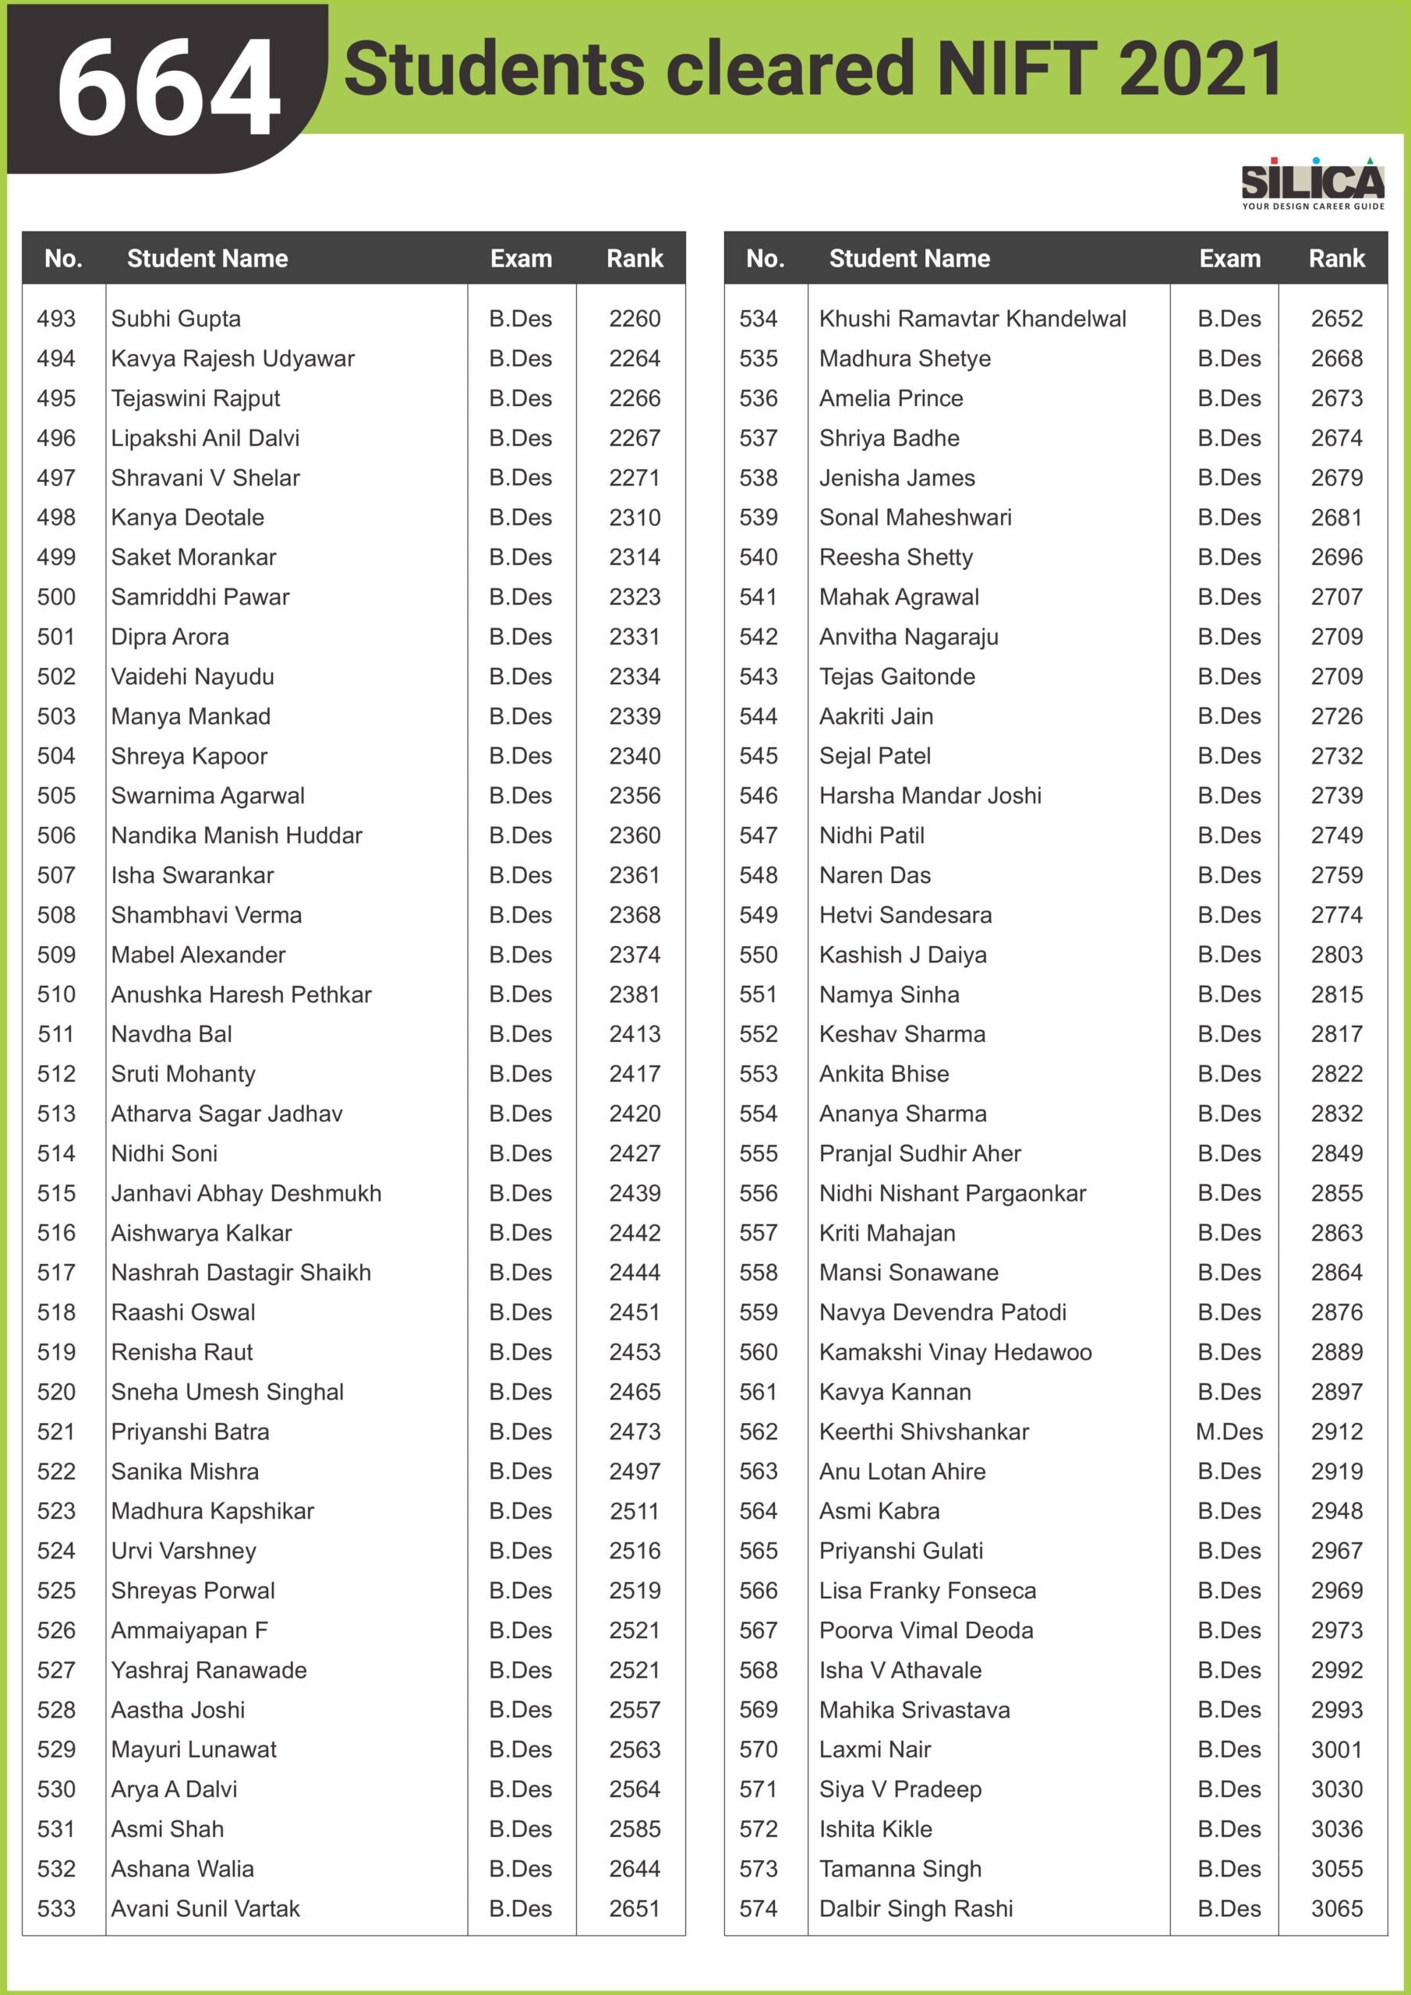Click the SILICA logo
(x=1312, y=183)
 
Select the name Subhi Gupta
(x=175, y=319)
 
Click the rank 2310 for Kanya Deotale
(x=635, y=518)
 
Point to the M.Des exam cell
(x=1229, y=1432)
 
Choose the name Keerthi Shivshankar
(x=923, y=1432)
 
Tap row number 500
(x=56, y=597)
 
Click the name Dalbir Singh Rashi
(x=915, y=1909)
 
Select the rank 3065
(x=1336, y=1909)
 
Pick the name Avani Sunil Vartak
(x=205, y=1909)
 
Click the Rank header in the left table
(x=635, y=258)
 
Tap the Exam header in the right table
(x=1229, y=258)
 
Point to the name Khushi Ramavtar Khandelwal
(x=972, y=319)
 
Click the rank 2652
(x=1336, y=319)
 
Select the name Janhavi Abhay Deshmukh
(x=246, y=1193)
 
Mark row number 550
(x=758, y=955)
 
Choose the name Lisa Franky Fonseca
(x=927, y=1591)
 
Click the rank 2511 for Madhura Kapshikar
(x=635, y=1511)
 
